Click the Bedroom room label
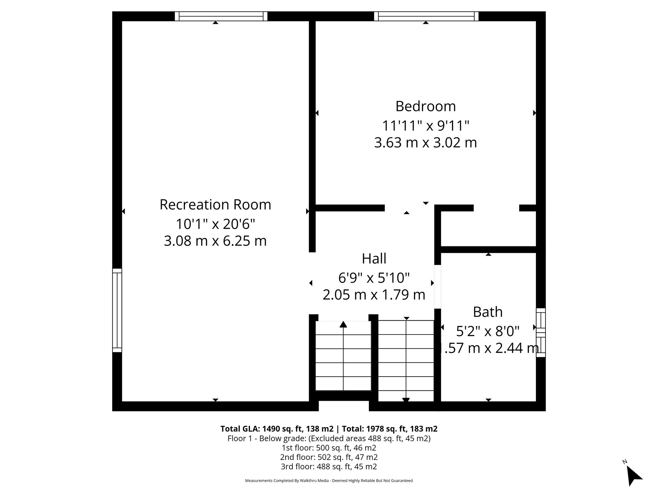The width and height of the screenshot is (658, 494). pyautogui.click(x=425, y=106)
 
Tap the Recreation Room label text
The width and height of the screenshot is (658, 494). pyautogui.click(x=215, y=205)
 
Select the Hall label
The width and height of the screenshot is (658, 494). pyautogui.click(x=374, y=259)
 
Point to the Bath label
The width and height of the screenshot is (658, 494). pyautogui.click(x=488, y=312)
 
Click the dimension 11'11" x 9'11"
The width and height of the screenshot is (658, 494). pyautogui.click(x=425, y=126)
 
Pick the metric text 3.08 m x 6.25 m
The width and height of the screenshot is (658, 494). pyautogui.click(x=215, y=241)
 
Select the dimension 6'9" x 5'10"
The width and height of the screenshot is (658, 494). pyautogui.click(x=374, y=278)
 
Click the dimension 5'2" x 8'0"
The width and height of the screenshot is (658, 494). pyautogui.click(x=488, y=331)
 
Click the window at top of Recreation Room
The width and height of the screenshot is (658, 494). pyautogui.click(x=221, y=16)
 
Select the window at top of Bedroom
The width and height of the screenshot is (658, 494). pyautogui.click(x=426, y=16)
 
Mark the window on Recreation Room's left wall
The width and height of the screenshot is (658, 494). pyautogui.click(x=117, y=310)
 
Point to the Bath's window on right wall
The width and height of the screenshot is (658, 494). pyautogui.click(x=541, y=333)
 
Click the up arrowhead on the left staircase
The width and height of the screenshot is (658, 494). pyautogui.click(x=343, y=324)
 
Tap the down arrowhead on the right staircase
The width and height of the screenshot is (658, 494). pyautogui.click(x=406, y=400)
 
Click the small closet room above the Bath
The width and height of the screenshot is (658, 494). pyautogui.click(x=488, y=229)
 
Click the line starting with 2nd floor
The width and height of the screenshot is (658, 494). pyautogui.click(x=329, y=457)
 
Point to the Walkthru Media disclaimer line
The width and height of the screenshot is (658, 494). pyautogui.click(x=329, y=480)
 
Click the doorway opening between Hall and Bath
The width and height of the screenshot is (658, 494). pyautogui.click(x=437, y=287)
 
